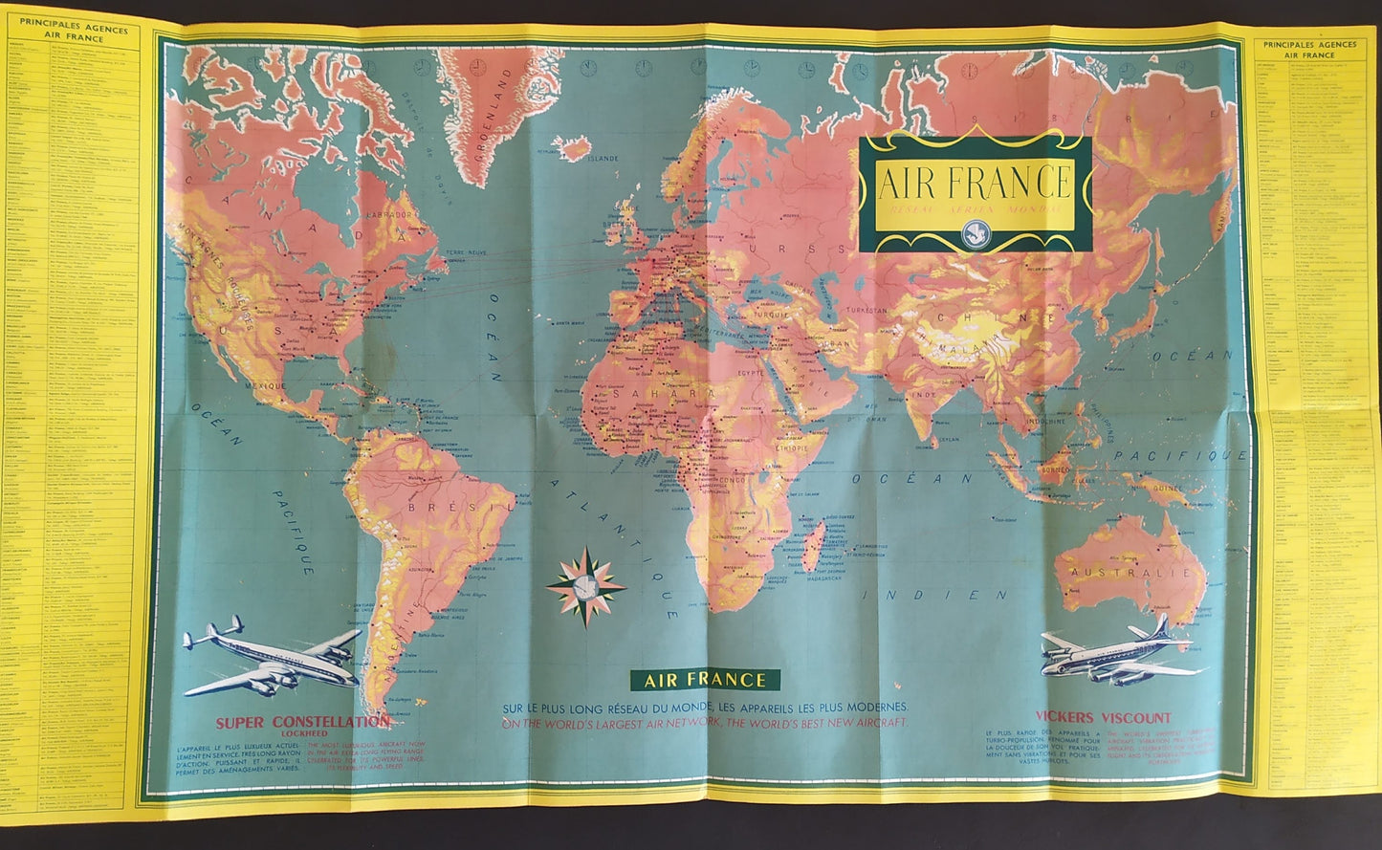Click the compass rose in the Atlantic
click(x=586, y=586)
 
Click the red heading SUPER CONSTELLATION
click(x=302, y=722)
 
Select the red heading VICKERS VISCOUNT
click(x=1103, y=717)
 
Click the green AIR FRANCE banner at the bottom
click(x=705, y=681)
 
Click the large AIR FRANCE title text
click(x=974, y=181)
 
